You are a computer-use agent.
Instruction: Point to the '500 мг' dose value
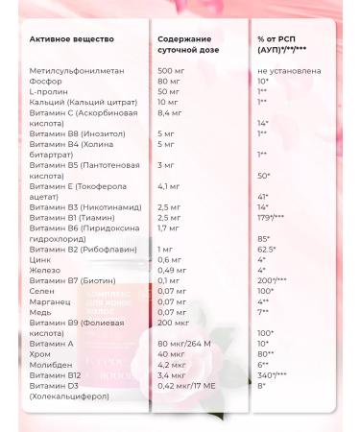pyautogui.click(x=171, y=72)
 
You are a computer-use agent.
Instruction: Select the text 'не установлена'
pyautogui.click(x=289, y=72)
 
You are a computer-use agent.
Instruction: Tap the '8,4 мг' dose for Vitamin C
pyautogui.click(x=171, y=112)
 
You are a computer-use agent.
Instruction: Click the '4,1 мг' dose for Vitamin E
pyautogui.click(x=169, y=184)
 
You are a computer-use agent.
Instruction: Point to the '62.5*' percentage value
pyautogui.click(x=267, y=249)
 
